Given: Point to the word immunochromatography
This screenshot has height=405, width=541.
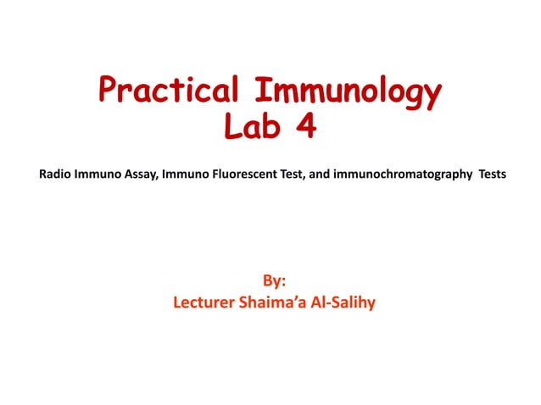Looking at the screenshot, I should coord(409,175).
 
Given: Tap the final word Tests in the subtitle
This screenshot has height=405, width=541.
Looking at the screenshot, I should coord(492,175).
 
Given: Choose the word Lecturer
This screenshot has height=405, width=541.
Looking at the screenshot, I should coord(204,302).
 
